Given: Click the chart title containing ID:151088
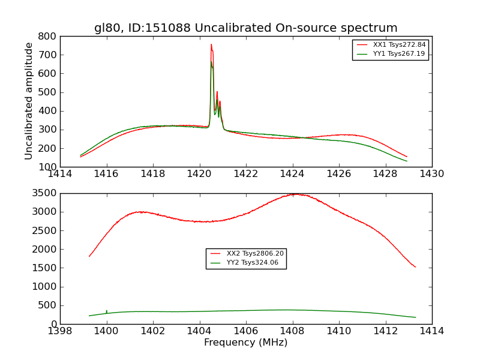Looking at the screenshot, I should pos(245,28).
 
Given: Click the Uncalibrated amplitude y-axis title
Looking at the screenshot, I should pos(29,101).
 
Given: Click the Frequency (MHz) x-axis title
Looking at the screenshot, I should pos(245,343).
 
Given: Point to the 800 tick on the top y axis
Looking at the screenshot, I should pos(49,36).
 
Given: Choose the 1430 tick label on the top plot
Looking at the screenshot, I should pos(431,174).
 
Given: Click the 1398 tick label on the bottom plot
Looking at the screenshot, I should pos(60,331).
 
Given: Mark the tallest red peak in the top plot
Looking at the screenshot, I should pos(211,44).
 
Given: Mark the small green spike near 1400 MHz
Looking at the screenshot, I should pos(107,311).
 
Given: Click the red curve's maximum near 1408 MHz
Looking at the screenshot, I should pos(294,194).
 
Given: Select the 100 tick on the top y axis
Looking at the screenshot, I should pos(49,167).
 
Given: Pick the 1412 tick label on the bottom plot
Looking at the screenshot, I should pos(385,331).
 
